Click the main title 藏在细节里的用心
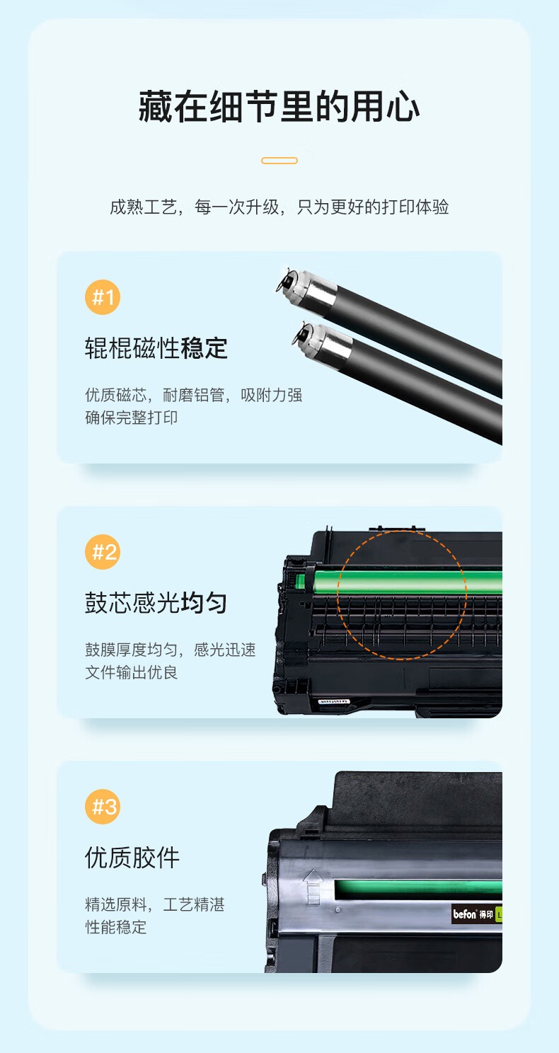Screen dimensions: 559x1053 point(279,107)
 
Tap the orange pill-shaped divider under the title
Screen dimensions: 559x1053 point(279,161)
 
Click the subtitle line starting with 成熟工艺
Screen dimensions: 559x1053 point(279,207)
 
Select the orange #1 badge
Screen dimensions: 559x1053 point(103,297)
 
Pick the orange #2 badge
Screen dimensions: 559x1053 point(103,552)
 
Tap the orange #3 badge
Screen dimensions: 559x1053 point(103,807)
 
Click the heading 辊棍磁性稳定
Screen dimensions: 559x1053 point(156,348)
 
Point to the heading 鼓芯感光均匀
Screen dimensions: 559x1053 point(156,603)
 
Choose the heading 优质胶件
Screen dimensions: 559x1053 point(132,858)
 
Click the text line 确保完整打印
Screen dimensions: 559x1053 point(131,418)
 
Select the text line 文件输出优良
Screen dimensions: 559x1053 point(131,672)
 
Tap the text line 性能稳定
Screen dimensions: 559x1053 point(115,927)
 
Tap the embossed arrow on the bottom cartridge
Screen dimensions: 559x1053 point(312,887)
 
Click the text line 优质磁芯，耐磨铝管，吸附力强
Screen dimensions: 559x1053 point(193,395)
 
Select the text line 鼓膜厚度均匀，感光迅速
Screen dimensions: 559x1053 point(171,650)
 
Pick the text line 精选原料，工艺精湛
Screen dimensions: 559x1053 point(155,904)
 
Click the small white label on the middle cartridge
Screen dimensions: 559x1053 point(333,701)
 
